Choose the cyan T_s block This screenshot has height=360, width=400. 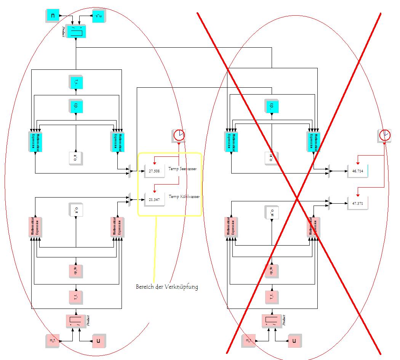click(x=76, y=82)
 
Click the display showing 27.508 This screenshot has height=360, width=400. click(x=155, y=171)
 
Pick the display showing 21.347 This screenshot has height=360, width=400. click(x=155, y=199)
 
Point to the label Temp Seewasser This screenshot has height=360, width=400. click(x=182, y=168)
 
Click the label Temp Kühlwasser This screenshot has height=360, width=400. click(x=184, y=197)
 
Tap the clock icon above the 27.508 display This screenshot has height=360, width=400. click(x=179, y=135)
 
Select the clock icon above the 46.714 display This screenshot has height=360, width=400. click(x=385, y=135)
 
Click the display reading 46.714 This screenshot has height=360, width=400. click(x=358, y=171)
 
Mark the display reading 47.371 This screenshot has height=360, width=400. click(x=358, y=203)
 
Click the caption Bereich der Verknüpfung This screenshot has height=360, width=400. click(x=167, y=287)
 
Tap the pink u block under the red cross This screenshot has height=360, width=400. click(x=294, y=341)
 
